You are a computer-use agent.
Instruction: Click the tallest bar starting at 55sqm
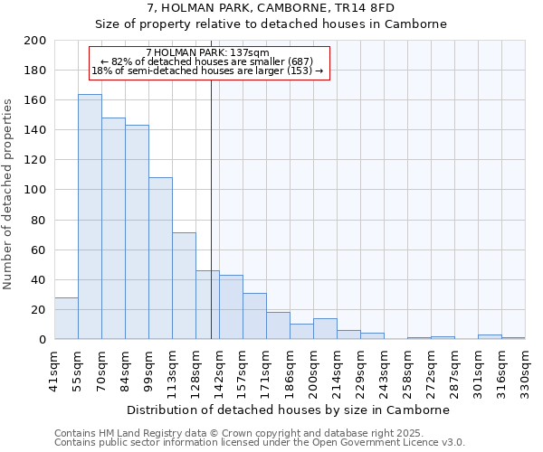(90, 217)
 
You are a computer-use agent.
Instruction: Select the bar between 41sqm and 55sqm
(66, 318)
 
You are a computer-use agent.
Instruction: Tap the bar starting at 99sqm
(160, 259)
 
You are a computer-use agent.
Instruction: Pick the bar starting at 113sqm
(184, 286)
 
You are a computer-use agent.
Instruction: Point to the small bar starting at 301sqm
(490, 337)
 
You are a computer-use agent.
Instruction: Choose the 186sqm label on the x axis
(291, 371)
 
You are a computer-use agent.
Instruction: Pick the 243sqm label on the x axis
(385, 371)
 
